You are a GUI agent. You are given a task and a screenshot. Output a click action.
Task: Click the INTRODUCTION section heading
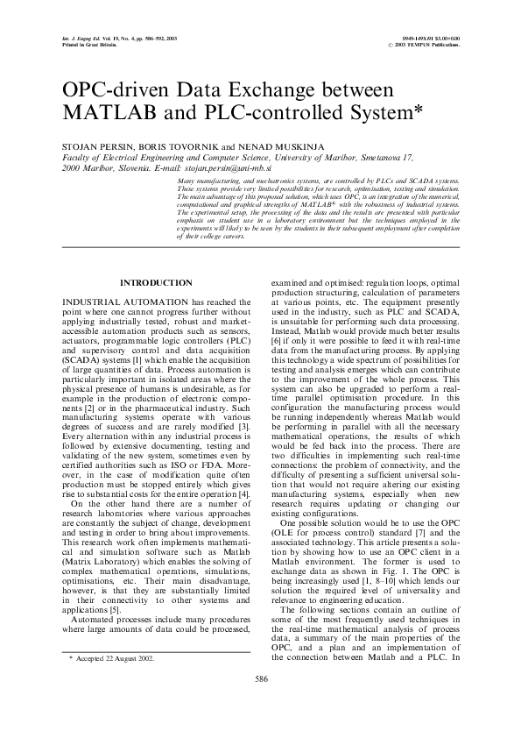click(155, 283)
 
